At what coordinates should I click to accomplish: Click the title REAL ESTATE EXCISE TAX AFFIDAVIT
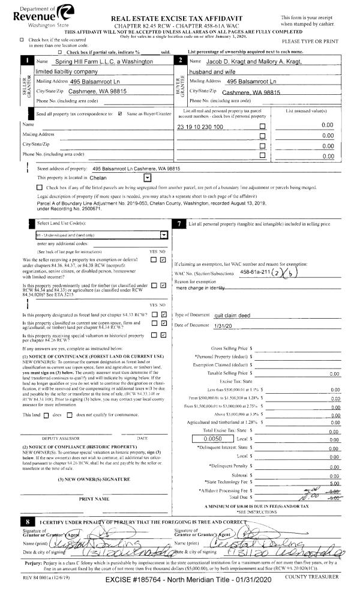[192, 19]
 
